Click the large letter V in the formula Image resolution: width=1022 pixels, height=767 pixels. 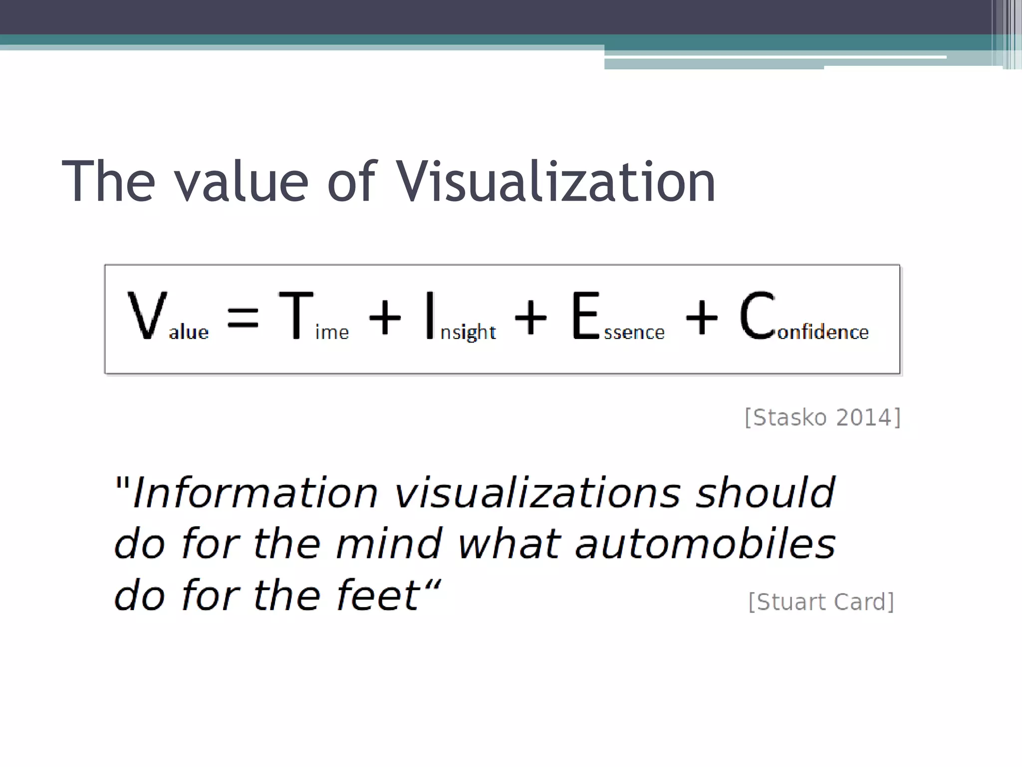tap(146, 316)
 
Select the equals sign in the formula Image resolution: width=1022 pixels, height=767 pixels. tap(243, 318)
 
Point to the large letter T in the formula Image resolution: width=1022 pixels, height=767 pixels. tap(296, 316)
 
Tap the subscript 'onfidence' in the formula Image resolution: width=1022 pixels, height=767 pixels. tap(823, 332)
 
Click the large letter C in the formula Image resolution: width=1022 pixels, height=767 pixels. tap(758, 316)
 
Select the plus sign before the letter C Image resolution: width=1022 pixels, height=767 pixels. tap(702, 317)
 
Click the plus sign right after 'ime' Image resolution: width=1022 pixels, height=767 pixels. tap(384, 317)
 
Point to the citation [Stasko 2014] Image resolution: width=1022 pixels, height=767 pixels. tap(822, 417)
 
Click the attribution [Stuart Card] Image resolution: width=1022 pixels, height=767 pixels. tap(821, 602)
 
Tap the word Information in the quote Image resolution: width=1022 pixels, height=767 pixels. tap(255, 493)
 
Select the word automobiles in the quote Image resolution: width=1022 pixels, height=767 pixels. tap(705, 544)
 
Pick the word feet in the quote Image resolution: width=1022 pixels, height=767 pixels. tap(378, 595)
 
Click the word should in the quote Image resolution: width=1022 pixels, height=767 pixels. tap(765, 492)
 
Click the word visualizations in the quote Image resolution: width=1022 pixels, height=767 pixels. tap(537, 493)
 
